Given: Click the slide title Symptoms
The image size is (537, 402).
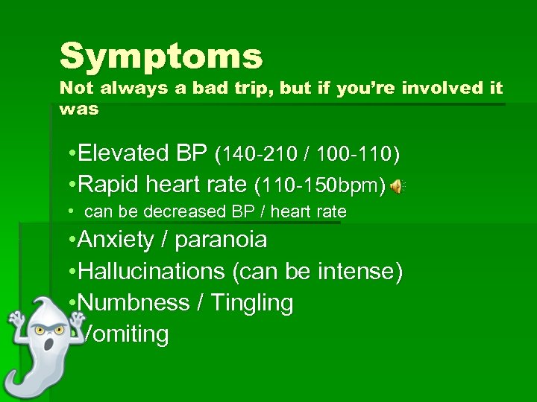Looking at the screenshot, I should (x=161, y=57).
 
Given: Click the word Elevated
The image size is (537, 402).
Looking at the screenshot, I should (x=123, y=153).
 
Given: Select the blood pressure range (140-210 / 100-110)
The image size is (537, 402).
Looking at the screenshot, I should (x=307, y=154).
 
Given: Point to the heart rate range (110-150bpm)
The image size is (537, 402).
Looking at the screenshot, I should (x=320, y=185).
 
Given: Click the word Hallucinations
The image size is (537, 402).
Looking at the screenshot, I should (x=151, y=272).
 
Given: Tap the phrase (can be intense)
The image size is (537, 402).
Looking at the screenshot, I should (x=318, y=272).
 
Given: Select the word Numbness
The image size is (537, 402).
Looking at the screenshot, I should (x=134, y=303).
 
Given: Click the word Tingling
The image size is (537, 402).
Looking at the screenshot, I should (x=252, y=303).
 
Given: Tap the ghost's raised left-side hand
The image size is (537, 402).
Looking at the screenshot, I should (x=14, y=321).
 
